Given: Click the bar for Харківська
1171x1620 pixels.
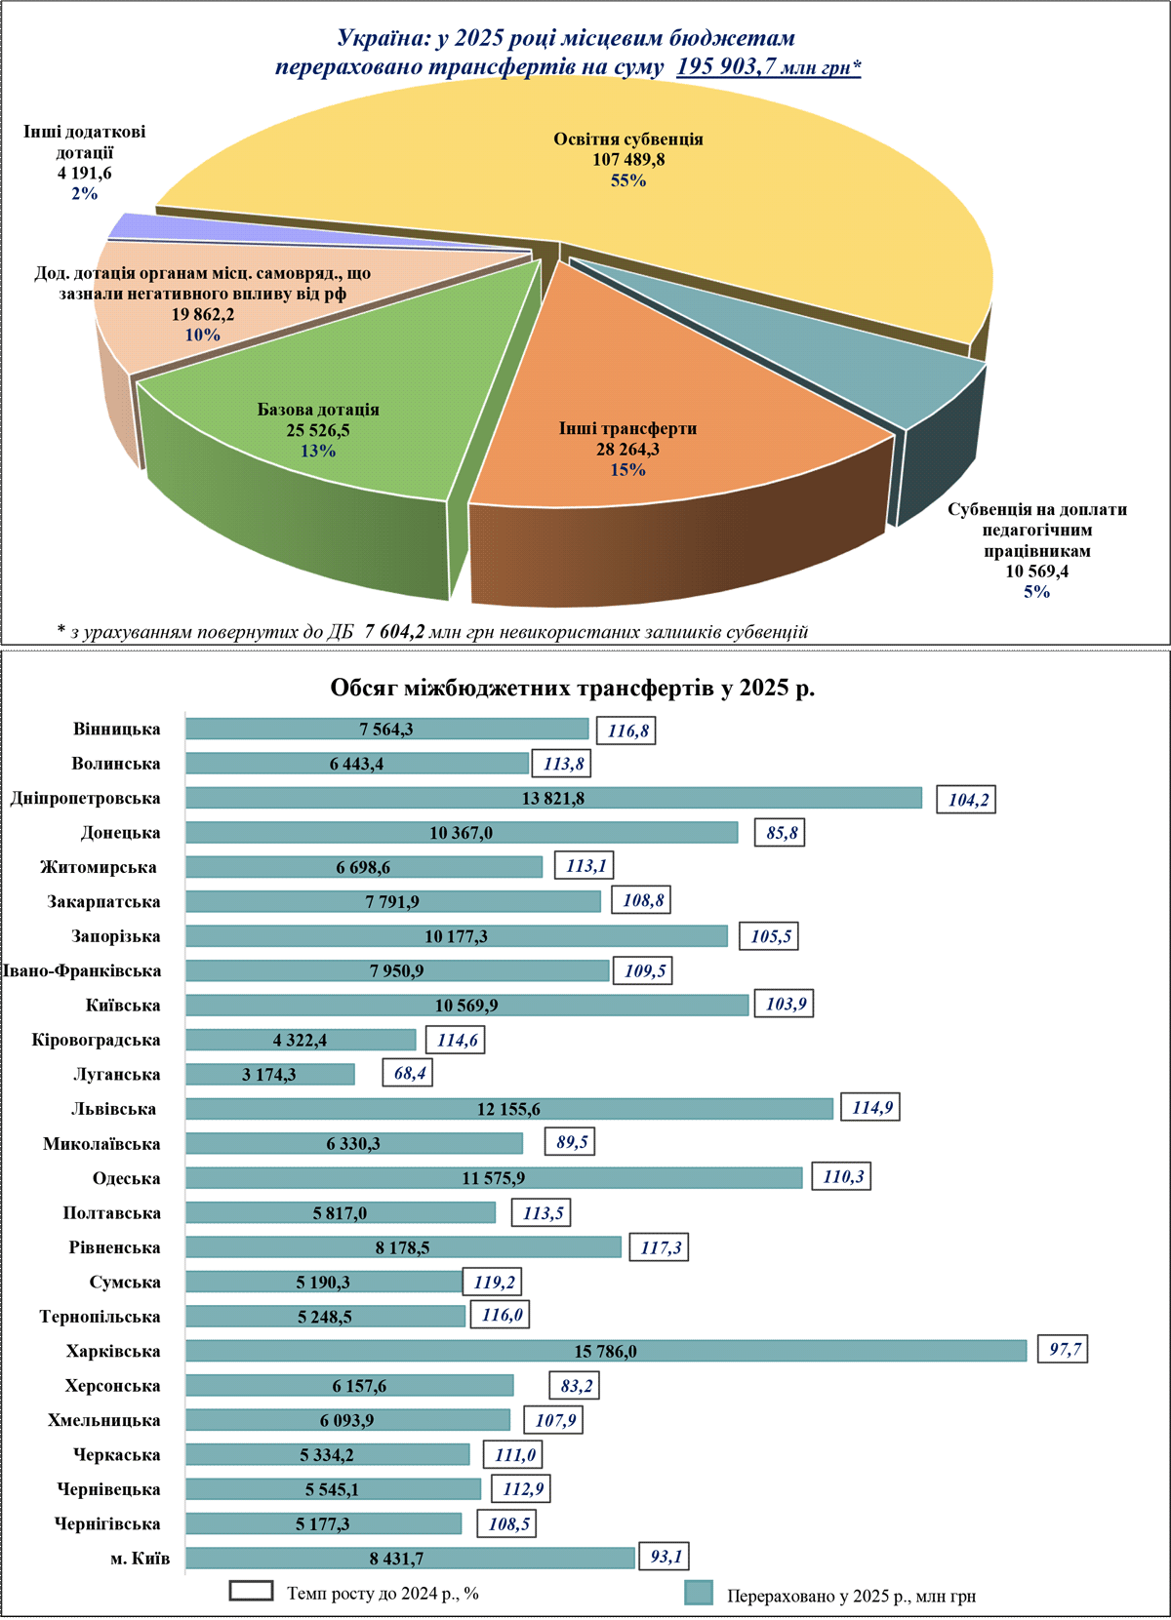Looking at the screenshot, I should pyautogui.click(x=605, y=1351).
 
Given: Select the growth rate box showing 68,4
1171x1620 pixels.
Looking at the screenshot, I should pyautogui.click(x=408, y=1074).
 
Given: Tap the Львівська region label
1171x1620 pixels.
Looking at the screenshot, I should pyautogui.click(x=113, y=1109).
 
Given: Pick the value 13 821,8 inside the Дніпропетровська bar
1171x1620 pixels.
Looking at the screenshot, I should pyautogui.click(x=553, y=799).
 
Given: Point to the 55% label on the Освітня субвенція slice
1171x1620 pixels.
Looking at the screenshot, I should pyautogui.click(x=628, y=180).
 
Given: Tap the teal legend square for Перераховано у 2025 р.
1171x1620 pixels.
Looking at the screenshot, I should pyautogui.click(x=699, y=1593).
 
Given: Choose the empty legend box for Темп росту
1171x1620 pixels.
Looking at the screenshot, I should pyautogui.click(x=251, y=1591).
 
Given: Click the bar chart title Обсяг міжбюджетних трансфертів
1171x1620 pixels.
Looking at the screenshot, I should pyautogui.click(x=573, y=688).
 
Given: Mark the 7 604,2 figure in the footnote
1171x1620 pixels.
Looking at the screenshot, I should pyautogui.click(x=395, y=632).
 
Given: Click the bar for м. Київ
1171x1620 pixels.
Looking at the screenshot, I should pyautogui.click(x=410, y=1559).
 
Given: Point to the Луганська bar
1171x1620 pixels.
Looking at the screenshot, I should pyautogui.click(x=269, y=1074).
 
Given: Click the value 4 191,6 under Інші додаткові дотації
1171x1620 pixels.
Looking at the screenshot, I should pyautogui.click(x=84, y=173).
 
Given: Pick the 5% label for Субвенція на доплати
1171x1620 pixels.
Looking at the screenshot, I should pyautogui.click(x=1036, y=592).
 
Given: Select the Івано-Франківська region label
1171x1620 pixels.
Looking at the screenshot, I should pyautogui.click(x=82, y=970).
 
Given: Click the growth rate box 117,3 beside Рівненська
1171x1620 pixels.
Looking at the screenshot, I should pyautogui.click(x=660, y=1247).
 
